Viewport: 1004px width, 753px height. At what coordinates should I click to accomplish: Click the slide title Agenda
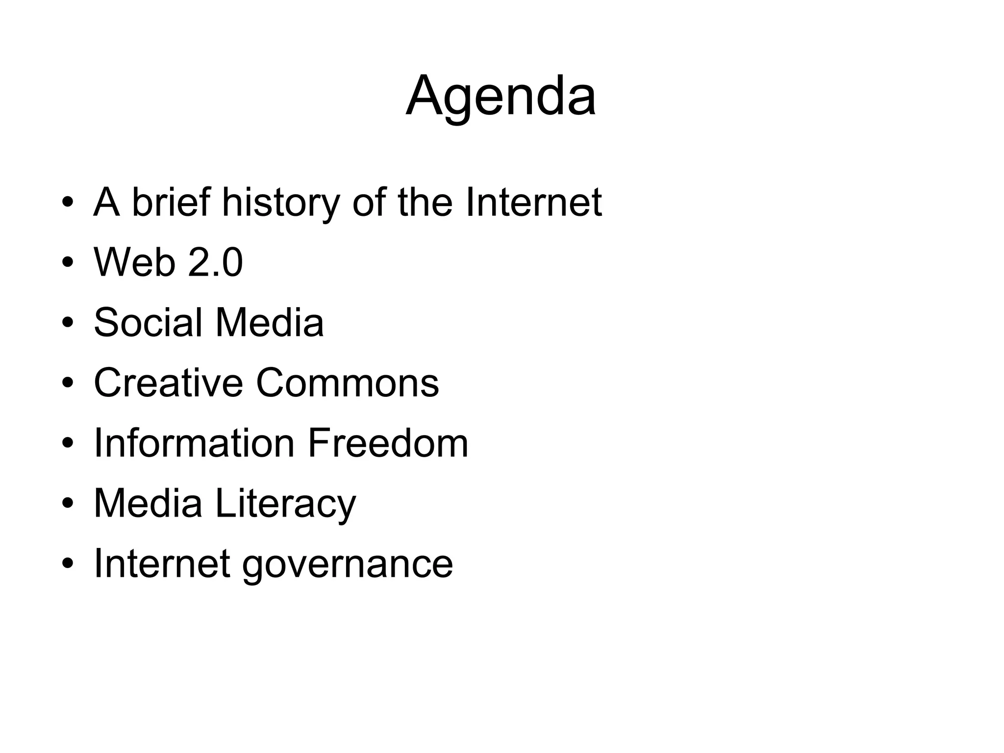[501, 96]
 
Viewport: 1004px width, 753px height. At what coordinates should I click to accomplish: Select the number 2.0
[215, 262]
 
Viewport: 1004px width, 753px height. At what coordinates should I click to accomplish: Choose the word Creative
[168, 383]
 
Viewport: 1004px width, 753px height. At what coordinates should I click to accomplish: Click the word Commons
[347, 383]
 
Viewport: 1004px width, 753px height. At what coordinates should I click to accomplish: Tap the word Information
[194, 443]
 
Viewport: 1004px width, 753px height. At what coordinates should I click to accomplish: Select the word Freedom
[388, 443]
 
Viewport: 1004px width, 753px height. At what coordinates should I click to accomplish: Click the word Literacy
[285, 504]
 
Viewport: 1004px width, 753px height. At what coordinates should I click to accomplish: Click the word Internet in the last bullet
[162, 564]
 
